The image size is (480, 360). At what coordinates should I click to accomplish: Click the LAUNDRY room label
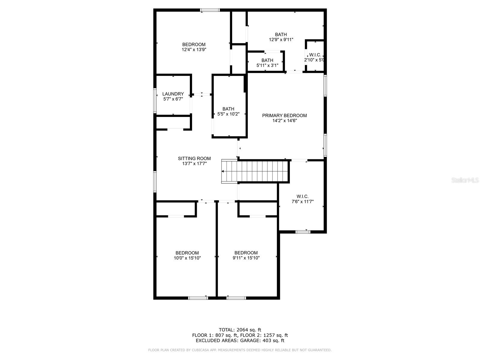(x=173, y=94)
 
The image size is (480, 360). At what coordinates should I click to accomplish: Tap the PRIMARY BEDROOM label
(x=284, y=115)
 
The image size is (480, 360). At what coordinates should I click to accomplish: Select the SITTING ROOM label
(x=194, y=158)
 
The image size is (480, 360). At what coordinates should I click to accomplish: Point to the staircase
(x=254, y=171)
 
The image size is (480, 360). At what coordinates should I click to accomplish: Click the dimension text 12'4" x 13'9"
(x=194, y=49)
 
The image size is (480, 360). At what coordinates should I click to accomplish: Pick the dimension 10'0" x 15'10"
(x=187, y=258)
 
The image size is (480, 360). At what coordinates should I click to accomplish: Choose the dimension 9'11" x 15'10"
(x=246, y=258)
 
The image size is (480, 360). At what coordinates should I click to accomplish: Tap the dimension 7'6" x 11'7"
(x=303, y=202)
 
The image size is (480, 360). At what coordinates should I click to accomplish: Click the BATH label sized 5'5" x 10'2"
(x=228, y=109)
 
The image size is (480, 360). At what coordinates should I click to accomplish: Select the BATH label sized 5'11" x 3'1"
(x=267, y=60)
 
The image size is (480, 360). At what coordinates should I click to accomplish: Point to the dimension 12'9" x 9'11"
(x=281, y=40)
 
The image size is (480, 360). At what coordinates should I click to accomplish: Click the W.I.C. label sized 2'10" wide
(x=315, y=55)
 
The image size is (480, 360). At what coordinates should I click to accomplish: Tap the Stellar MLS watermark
(x=465, y=180)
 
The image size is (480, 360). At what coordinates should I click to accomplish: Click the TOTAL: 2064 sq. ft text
(x=240, y=330)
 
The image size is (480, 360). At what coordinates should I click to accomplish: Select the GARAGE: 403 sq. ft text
(x=262, y=340)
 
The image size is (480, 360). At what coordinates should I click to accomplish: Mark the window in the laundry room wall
(x=155, y=100)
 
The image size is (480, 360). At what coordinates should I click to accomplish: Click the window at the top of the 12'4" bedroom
(x=210, y=10)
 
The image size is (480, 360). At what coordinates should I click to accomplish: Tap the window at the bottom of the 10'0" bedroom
(x=198, y=298)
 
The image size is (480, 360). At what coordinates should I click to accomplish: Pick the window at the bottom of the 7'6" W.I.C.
(x=303, y=232)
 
